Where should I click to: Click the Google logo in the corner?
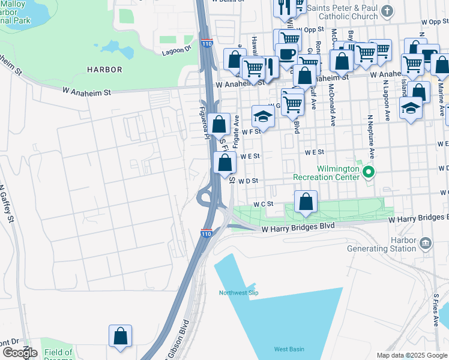pyautogui.click(x=19, y=353)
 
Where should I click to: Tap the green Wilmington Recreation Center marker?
pyautogui.click(x=369, y=173)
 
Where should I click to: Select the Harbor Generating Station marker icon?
pyautogui.click(x=426, y=242)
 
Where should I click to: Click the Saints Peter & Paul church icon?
pyautogui.click(x=388, y=11)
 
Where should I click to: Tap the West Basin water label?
pyautogui.click(x=289, y=349)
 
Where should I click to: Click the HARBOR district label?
pyautogui.click(x=104, y=70)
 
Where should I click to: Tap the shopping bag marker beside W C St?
pyautogui.click(x=306, y=202)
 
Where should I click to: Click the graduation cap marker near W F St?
pyautogui.click(x=262, y=116)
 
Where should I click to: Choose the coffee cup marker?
pyautogui.click(x=287, y=53)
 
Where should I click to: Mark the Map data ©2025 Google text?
pyautogui.click(x=411, y=355)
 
